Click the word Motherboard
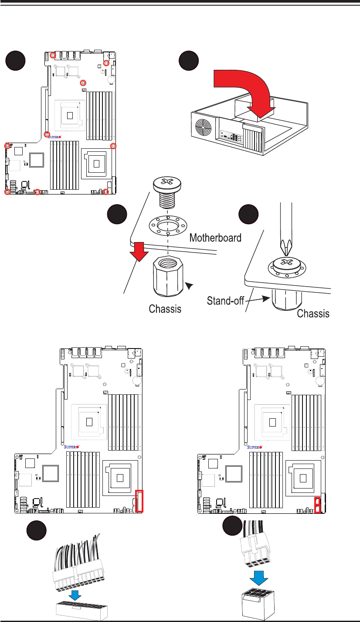215,238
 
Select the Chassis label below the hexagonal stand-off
165,309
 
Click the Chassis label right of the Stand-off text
313,314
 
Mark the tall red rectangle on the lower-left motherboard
139,501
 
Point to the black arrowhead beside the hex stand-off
189,286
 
